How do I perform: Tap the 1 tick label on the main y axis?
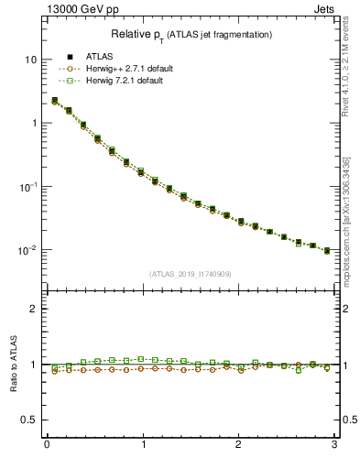tap(33, 123)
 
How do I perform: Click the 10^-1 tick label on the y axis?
tap(27, 186)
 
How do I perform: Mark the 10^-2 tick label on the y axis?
tap(27, 249)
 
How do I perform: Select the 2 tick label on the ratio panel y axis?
tap(33, 309)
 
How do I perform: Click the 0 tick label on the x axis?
tap(47, 446)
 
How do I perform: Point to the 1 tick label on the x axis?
tap(143, 446)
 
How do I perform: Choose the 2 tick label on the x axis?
tap(239, 446)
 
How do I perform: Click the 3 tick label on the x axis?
tap(335, 446)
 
